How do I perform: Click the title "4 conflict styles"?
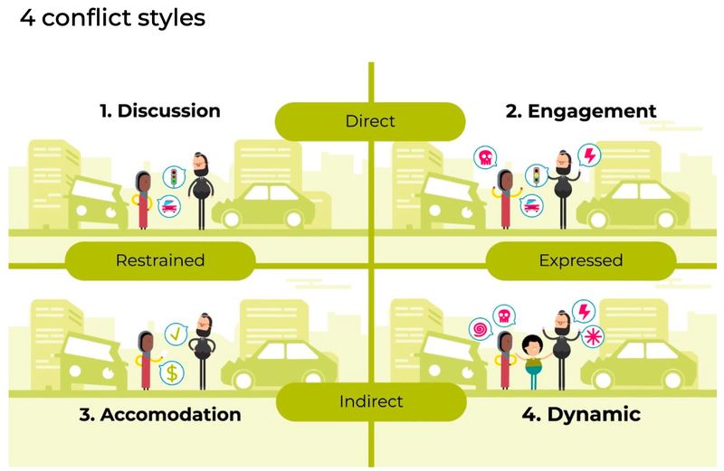click(x=112, y=18)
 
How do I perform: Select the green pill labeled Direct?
click(x=370, y=121)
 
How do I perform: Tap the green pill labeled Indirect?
click(x=370, y=401)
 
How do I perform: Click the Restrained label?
click(x=160, y=260)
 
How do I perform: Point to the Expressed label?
click(x=580, y=260)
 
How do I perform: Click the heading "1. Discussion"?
click(x=160, y=111)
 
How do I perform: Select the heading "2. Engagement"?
click(x=580, y=111)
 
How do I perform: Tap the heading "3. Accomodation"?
click(x=160, y=415)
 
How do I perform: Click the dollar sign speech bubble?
click(x=172, y=372)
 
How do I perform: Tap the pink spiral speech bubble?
click(x=479, y=328)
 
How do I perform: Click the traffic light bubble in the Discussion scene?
click(x=172, y=175)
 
